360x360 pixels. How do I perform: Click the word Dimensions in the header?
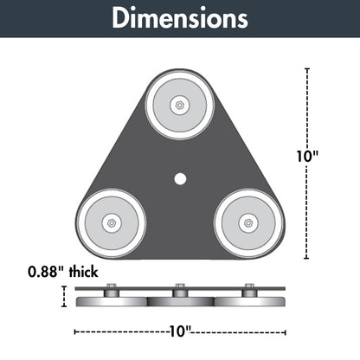click(180, 18)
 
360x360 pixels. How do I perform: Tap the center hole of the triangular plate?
click(180, 178)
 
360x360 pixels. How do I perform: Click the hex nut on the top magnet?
click(180, 105)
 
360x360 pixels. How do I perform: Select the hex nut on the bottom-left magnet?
click(112, 222)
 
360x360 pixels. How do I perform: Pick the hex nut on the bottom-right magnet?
click(248, 222)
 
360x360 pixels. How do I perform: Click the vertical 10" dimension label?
click(307, 156)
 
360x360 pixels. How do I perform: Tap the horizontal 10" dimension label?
click(180, 331)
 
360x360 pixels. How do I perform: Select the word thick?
click(84, 272)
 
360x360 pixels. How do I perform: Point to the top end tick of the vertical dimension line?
click(307, 69)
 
